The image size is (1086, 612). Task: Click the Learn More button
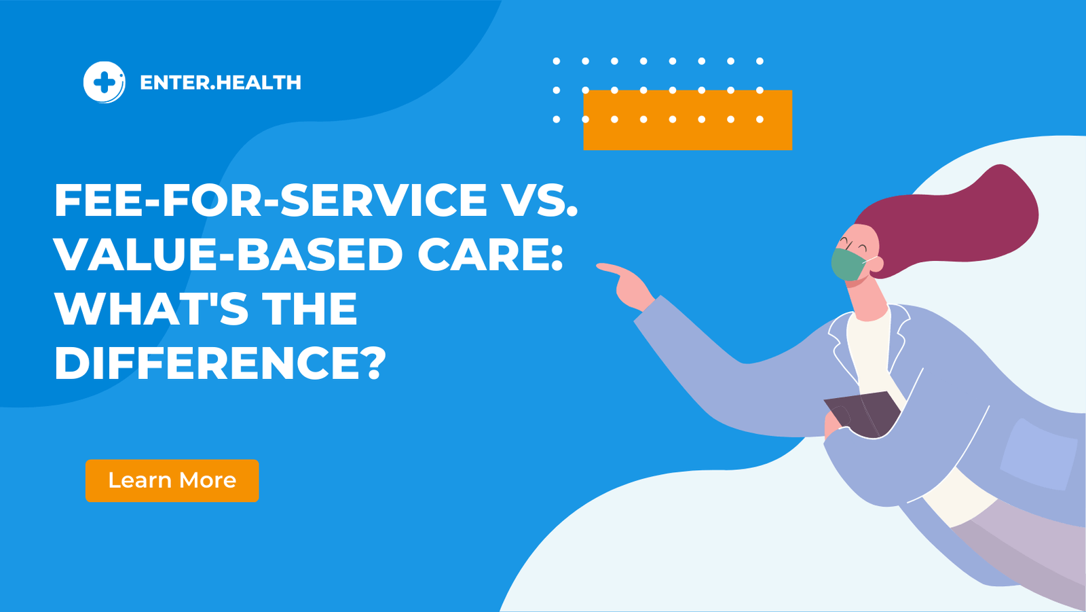click(172, 481)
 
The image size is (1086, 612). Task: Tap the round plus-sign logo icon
click(104, 82)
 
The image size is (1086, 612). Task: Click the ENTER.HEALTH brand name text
click(220, 83)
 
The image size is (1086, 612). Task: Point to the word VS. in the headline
click(539, 200)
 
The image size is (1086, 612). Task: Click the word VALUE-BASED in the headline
click(228, 255)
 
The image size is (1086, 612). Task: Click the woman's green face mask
click(848, 264)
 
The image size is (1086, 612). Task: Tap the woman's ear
click(876, 264)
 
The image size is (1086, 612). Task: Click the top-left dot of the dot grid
click(557, 61)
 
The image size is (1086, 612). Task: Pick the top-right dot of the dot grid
click(760, 61)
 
